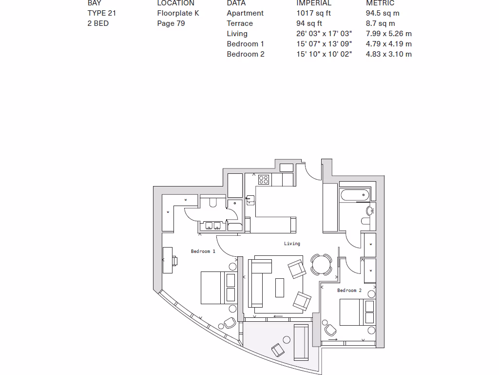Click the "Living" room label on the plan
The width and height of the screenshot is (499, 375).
tap(292, 243)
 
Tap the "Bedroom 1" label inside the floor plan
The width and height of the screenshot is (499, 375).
tap(203, 251)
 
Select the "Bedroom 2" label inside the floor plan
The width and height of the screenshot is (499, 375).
tap(349, 291)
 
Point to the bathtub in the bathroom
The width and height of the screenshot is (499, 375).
tap(354, 196)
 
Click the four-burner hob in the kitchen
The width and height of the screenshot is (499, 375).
tap(264, 180)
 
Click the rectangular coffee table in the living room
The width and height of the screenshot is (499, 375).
tap(280, 287)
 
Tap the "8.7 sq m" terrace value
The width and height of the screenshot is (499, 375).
tap(380, 23)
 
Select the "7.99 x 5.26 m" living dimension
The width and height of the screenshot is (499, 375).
tap(388, 34)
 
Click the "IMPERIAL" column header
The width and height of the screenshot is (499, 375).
tap(313, 3)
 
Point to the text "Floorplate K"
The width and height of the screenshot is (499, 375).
tap(178, 13)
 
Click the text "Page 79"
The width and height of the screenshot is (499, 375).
tap(171, 23)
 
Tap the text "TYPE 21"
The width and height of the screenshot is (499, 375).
tap(101, 13)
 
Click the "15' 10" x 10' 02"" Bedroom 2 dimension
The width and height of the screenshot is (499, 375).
tap(324, 54)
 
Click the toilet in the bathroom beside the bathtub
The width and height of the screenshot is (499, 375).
tap(366, 221)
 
